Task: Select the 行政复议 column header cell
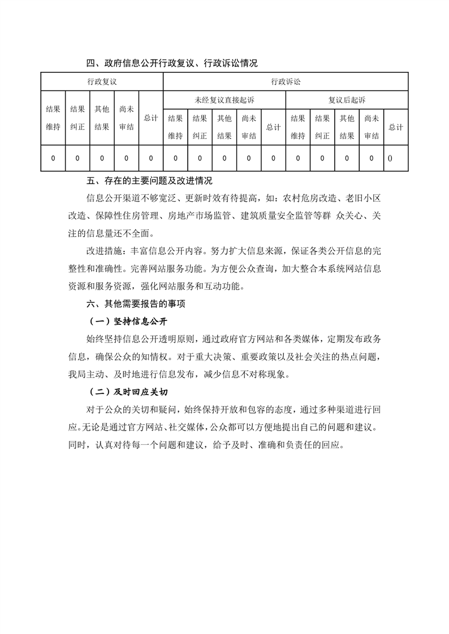(102, 81)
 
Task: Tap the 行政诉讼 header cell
(286, 81)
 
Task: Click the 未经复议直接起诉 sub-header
(225, 100)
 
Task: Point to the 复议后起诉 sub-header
(347, 100)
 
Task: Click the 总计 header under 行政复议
(150, 118)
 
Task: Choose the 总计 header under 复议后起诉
(396, 127)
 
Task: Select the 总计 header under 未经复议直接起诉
(273, 127)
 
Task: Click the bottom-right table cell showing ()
(390, 158)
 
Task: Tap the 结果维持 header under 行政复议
(53, 118)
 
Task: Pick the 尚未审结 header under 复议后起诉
(371, 127)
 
